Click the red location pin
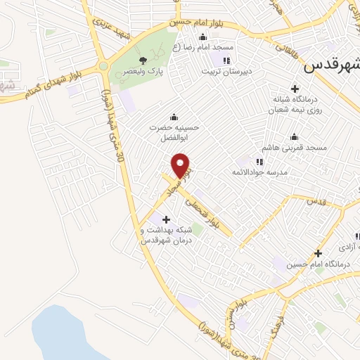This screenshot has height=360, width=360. (x=182, y=165)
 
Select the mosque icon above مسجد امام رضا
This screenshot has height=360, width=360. (x=203, y=37)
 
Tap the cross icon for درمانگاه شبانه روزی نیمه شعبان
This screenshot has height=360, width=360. (x=295, y=89)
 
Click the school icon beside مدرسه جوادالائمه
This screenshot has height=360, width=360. (x=259, y=162)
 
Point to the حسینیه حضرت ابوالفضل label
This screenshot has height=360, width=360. (x=168, y=131)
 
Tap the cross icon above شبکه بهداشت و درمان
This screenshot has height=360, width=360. (x=166, y=220)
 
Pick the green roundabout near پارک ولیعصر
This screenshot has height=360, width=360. (x=104, y=67)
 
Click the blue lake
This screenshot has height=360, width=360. (x=67, y=334)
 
